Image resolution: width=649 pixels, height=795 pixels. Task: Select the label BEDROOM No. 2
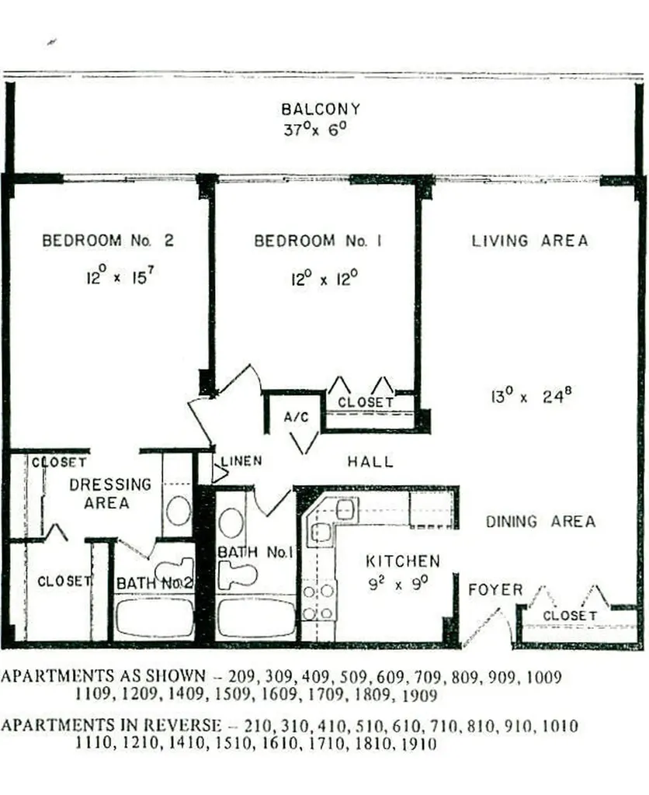[x=108, y=241]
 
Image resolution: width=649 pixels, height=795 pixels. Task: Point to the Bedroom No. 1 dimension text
[x=321, y=278]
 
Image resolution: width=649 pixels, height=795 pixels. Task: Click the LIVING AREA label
[x=530, y=241]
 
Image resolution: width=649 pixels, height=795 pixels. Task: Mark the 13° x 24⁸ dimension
[x=531, y=397]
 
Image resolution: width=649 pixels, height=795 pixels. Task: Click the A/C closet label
[x=296, y=418]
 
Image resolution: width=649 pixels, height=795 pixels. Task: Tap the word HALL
[x=370, y=462]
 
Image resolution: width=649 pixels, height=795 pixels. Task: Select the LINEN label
[x=241, y=461]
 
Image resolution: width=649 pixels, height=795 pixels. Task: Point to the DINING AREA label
[x=541, y=522]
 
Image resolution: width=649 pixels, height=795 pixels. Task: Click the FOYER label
[x=495, y=590]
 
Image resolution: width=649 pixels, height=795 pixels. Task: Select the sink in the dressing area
[x=179, y=511]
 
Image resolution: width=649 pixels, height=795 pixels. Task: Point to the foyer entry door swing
[x=488, y=626]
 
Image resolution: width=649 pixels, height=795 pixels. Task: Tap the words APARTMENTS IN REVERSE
[x=110, y=726]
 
